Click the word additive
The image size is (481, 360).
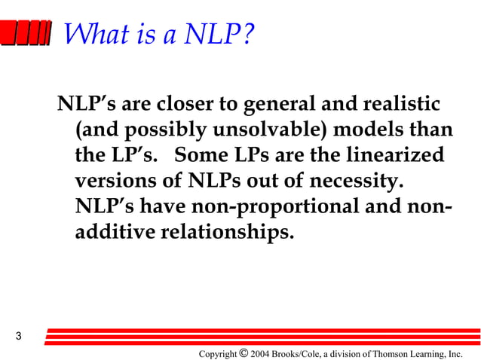point(114,232)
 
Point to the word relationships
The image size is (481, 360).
point(226,232)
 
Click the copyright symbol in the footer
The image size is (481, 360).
point(242,352)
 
